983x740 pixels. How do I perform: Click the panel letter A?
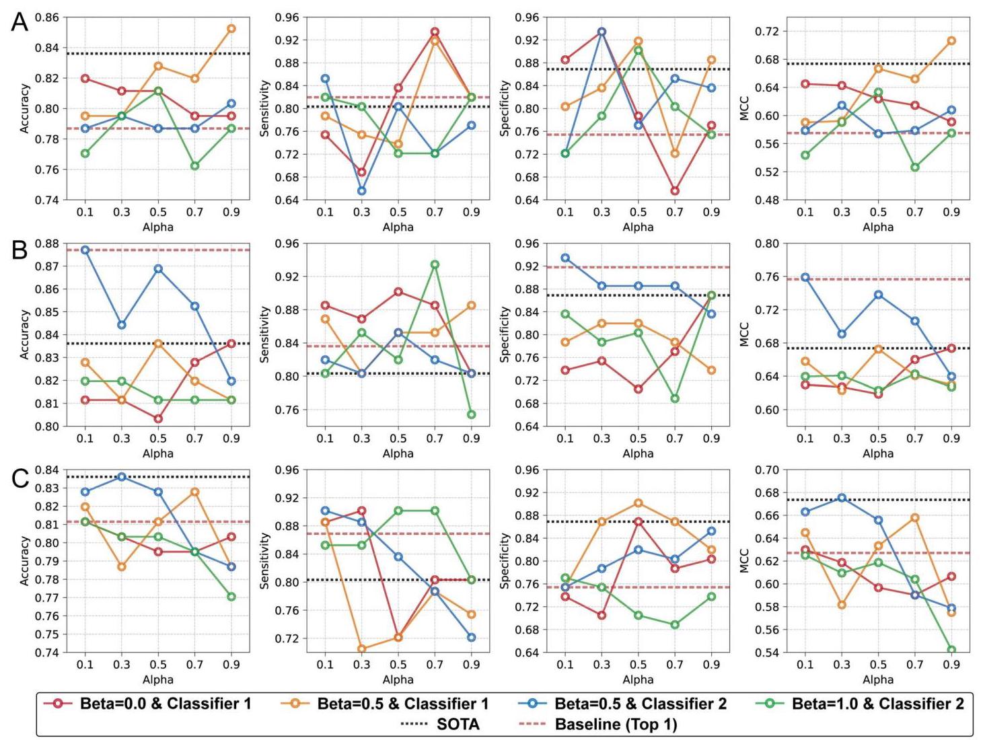pyautogui.click(x=20, y=22)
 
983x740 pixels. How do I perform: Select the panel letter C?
pyautogui.click(x=20, y=478)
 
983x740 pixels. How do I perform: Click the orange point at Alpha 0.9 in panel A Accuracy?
pyautogui.click(x=231, y=28)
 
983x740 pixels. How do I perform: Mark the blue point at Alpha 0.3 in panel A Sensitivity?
pyautogui.click(x=361, y=190)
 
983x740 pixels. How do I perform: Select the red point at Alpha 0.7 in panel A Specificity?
pyautogui.click(x=675, y=190)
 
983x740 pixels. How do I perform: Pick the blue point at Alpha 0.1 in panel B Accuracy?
pyautogui.click(x=85, y=250)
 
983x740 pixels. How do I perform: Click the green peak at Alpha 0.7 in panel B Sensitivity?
pyautogui.click(x=435, y=264)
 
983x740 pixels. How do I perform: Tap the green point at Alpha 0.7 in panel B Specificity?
pyautogui.click(x=675, y=398)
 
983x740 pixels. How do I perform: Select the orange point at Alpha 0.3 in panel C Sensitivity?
pyautogui.click(x=361, y=649)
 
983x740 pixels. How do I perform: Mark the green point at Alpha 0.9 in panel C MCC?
pyautogui.click(x=951, y=650)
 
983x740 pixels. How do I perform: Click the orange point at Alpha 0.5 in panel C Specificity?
pyautogui.click(x=638, y=503)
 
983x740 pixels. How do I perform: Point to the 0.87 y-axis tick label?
pyautogui.click(x=46, y=266)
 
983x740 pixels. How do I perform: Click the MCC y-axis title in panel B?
pyautogui.click(x=744, y=334)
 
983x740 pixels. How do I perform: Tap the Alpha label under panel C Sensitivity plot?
pyautogui.click(x=398, y=679)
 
